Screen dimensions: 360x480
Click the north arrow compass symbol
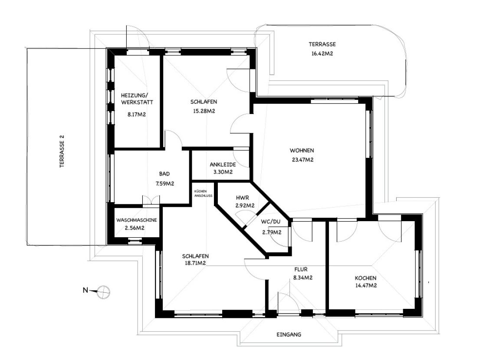pos(103,292)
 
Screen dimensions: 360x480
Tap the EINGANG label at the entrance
pos(289,334)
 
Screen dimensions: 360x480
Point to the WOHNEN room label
pos(302,151)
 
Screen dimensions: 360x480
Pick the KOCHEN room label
pos(365,278)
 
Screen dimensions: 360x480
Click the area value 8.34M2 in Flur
pos(303,278)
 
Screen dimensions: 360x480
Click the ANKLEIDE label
pos(223,164)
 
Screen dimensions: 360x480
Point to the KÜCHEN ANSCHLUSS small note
pos(203,193)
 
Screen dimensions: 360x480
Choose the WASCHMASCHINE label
pos(136,220)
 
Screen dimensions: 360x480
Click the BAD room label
pos(164,174)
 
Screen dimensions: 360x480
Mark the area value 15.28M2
pos(204,111)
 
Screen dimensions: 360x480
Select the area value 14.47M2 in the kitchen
pos(365,285)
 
